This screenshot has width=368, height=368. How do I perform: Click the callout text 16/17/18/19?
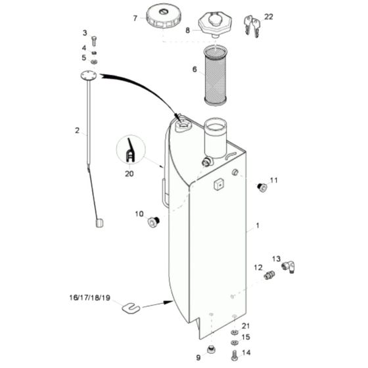tap(91, 297)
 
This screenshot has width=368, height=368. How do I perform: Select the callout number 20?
tap(129, 174)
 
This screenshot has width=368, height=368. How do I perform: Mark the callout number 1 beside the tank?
tap(258, 226)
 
